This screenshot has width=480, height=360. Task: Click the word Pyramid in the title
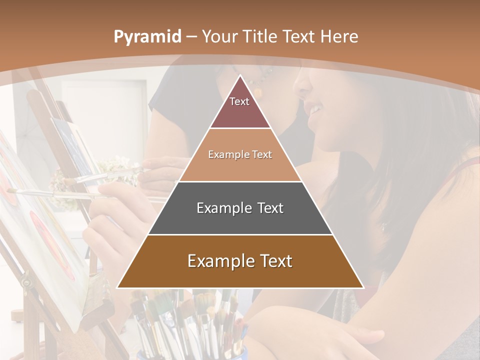147,37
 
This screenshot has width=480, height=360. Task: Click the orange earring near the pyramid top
258,92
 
